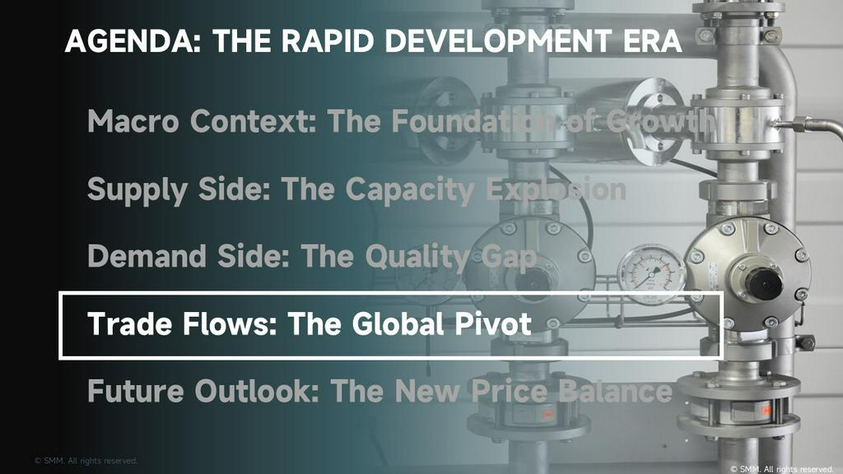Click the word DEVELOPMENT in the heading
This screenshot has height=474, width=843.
[x=498, y=41]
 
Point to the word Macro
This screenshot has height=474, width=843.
[x=133, y=121]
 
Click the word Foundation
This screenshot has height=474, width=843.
[x=473, y=121]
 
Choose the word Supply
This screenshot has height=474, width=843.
[x=137, y=190]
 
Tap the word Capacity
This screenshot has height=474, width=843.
[x=410, y=190]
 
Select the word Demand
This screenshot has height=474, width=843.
[x=147, y=256]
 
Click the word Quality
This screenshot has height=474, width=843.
[x=417, y=258]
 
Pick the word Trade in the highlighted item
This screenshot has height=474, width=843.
[x=129, y=323]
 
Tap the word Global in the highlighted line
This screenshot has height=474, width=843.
[x=398, y=323]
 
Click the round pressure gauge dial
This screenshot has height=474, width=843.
[x=651, y=274]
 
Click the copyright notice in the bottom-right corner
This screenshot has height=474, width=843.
[x=782, y=469]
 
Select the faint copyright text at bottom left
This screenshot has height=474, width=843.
[x=86, y=461]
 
